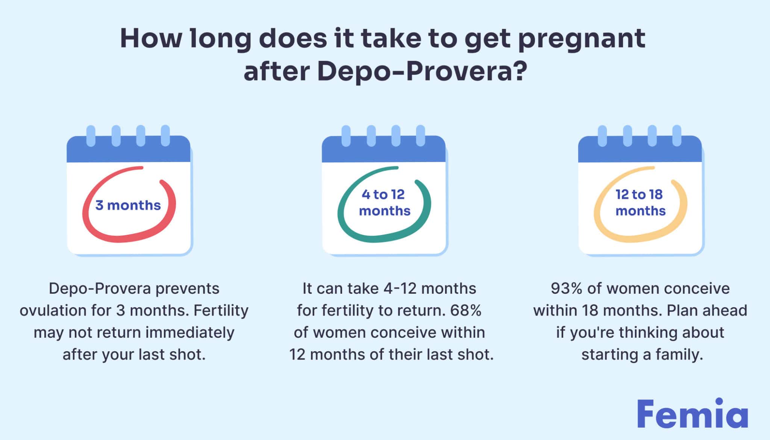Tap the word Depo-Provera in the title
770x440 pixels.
pos(415,71)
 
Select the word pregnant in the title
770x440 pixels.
pos(582,39)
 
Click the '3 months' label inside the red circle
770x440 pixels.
pos(128,205)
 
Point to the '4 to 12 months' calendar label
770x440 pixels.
pos(384,202)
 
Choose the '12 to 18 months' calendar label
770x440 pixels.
pos(640,202)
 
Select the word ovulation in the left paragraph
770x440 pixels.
pos(53,311)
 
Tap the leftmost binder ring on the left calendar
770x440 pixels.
pos(91,136)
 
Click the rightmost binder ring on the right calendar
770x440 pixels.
pos(677,136)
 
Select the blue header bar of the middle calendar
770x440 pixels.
pos(383,149)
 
